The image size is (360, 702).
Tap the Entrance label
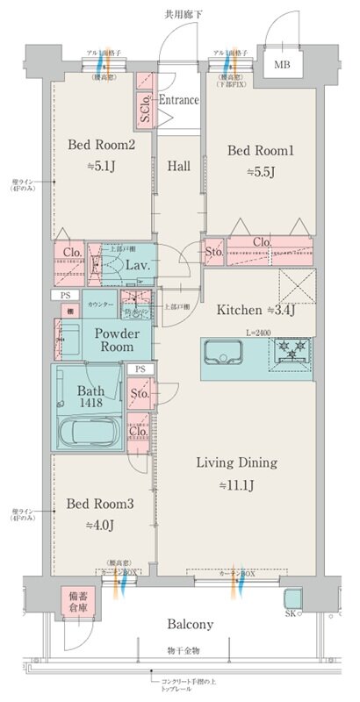click(178, 100)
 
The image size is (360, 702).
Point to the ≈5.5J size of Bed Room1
click(260, 172)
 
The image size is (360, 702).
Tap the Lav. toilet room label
click(136, 264)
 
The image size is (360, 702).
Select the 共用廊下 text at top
click(183, 14)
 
